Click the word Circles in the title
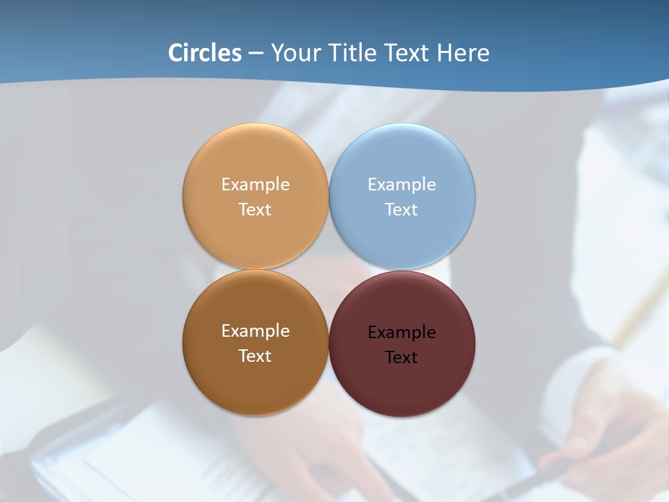tap(204, 53)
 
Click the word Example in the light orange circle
tap(255, 184)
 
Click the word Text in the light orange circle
tap(255, 209)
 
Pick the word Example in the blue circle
tap(402, 184)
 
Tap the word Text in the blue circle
tap(402, 209)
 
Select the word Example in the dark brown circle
tap(255, 330)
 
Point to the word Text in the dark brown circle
tap(255, 356)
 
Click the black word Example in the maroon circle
tap(402, 332)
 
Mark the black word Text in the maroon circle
tap(402, 357)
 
